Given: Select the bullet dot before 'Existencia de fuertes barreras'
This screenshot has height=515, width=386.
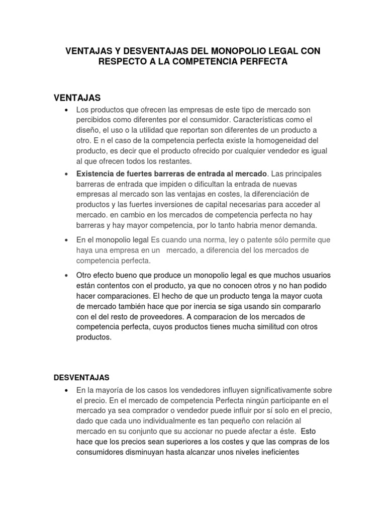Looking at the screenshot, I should click(x=66, y=174).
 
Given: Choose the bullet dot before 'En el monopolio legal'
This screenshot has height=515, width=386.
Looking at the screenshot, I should click(x=66, y=240).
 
